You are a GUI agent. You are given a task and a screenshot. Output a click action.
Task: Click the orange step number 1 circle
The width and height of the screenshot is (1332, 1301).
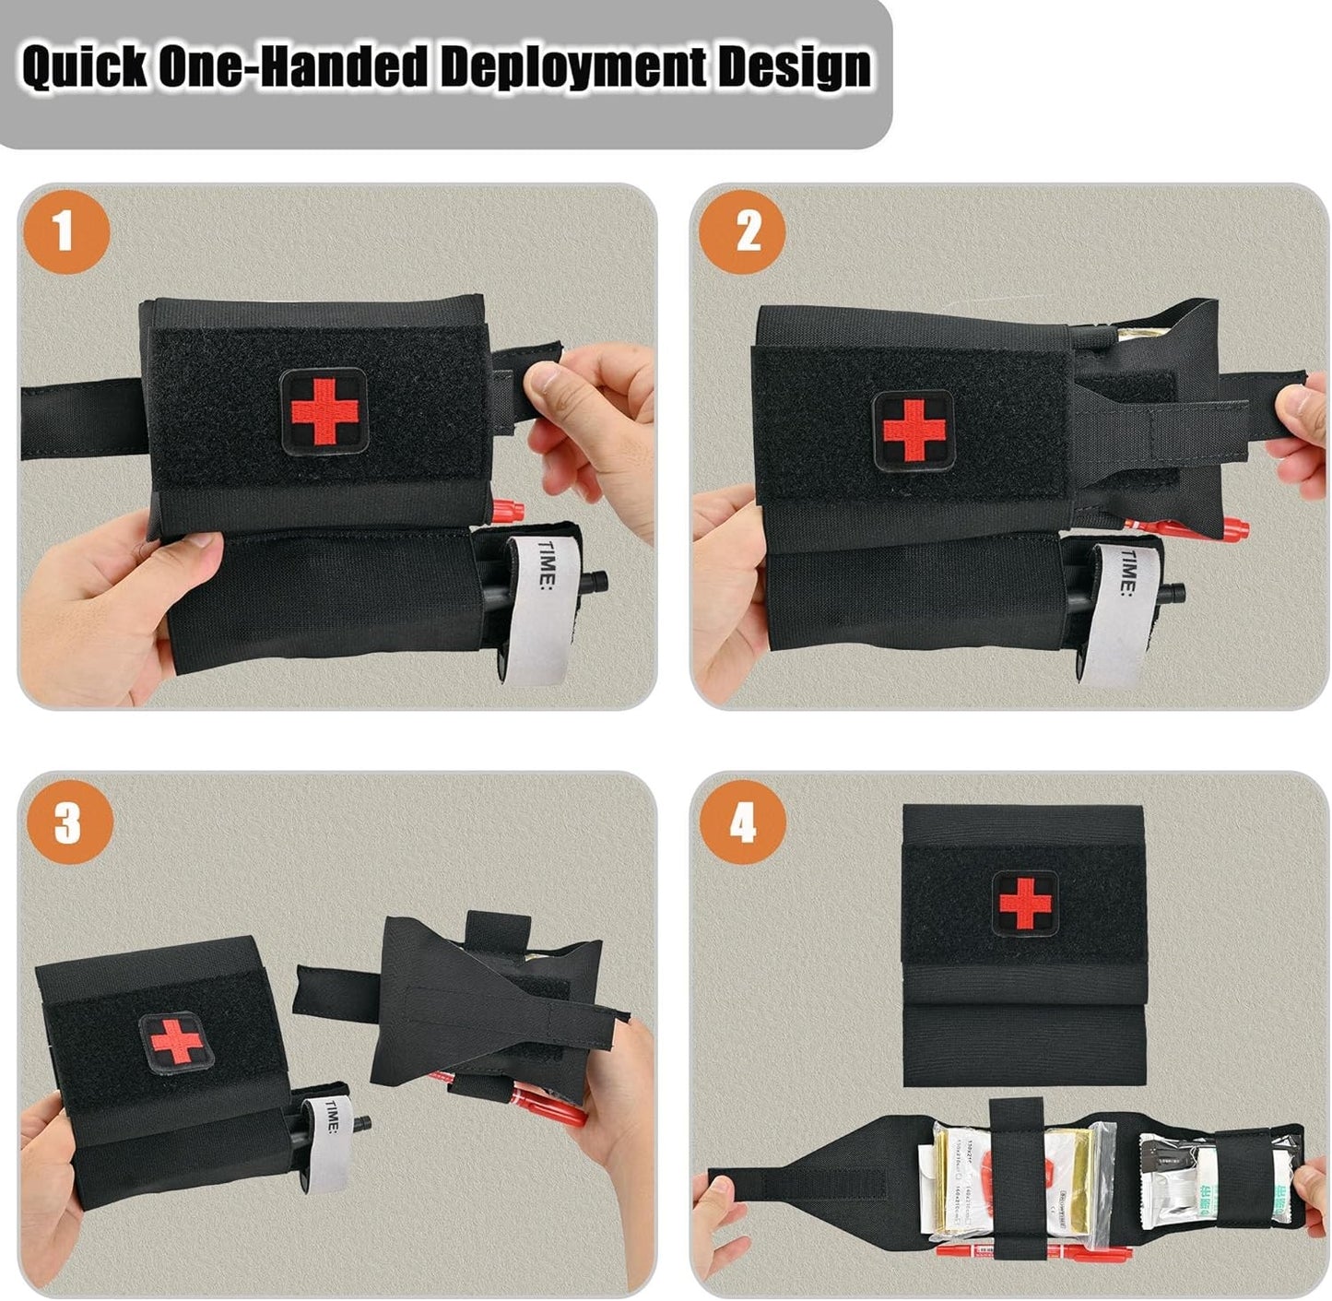[65, 231]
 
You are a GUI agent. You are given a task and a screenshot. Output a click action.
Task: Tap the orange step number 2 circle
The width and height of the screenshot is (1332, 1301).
[741, 231]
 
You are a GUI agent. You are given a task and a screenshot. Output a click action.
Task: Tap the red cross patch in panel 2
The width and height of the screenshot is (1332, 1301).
[913, 431]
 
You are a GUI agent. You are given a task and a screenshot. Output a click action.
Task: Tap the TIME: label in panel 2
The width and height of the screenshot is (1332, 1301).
[1129, 573]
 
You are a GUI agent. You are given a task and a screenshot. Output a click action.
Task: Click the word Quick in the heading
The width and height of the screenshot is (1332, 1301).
[84, 67]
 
